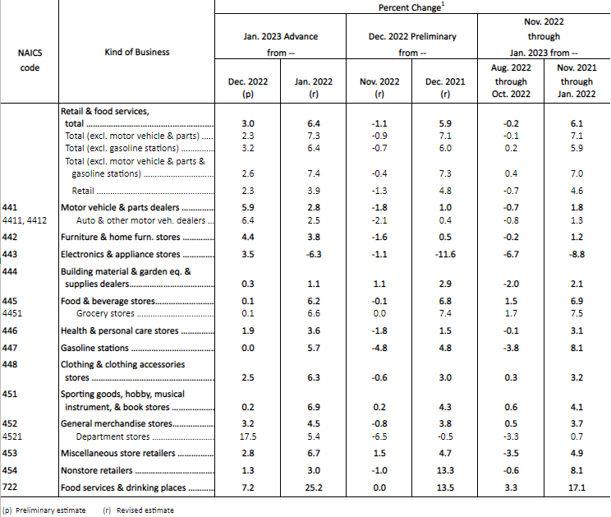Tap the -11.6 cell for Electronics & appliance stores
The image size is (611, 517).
point(444,255)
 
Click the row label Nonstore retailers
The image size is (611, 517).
point(97,471)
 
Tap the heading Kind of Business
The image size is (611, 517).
point(137,52)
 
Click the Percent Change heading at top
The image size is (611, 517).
point(411,7)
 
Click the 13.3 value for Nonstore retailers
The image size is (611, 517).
point(444,471)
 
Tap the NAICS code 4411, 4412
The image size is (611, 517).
point(25,220)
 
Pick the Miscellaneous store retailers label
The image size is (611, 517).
point(118,453)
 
